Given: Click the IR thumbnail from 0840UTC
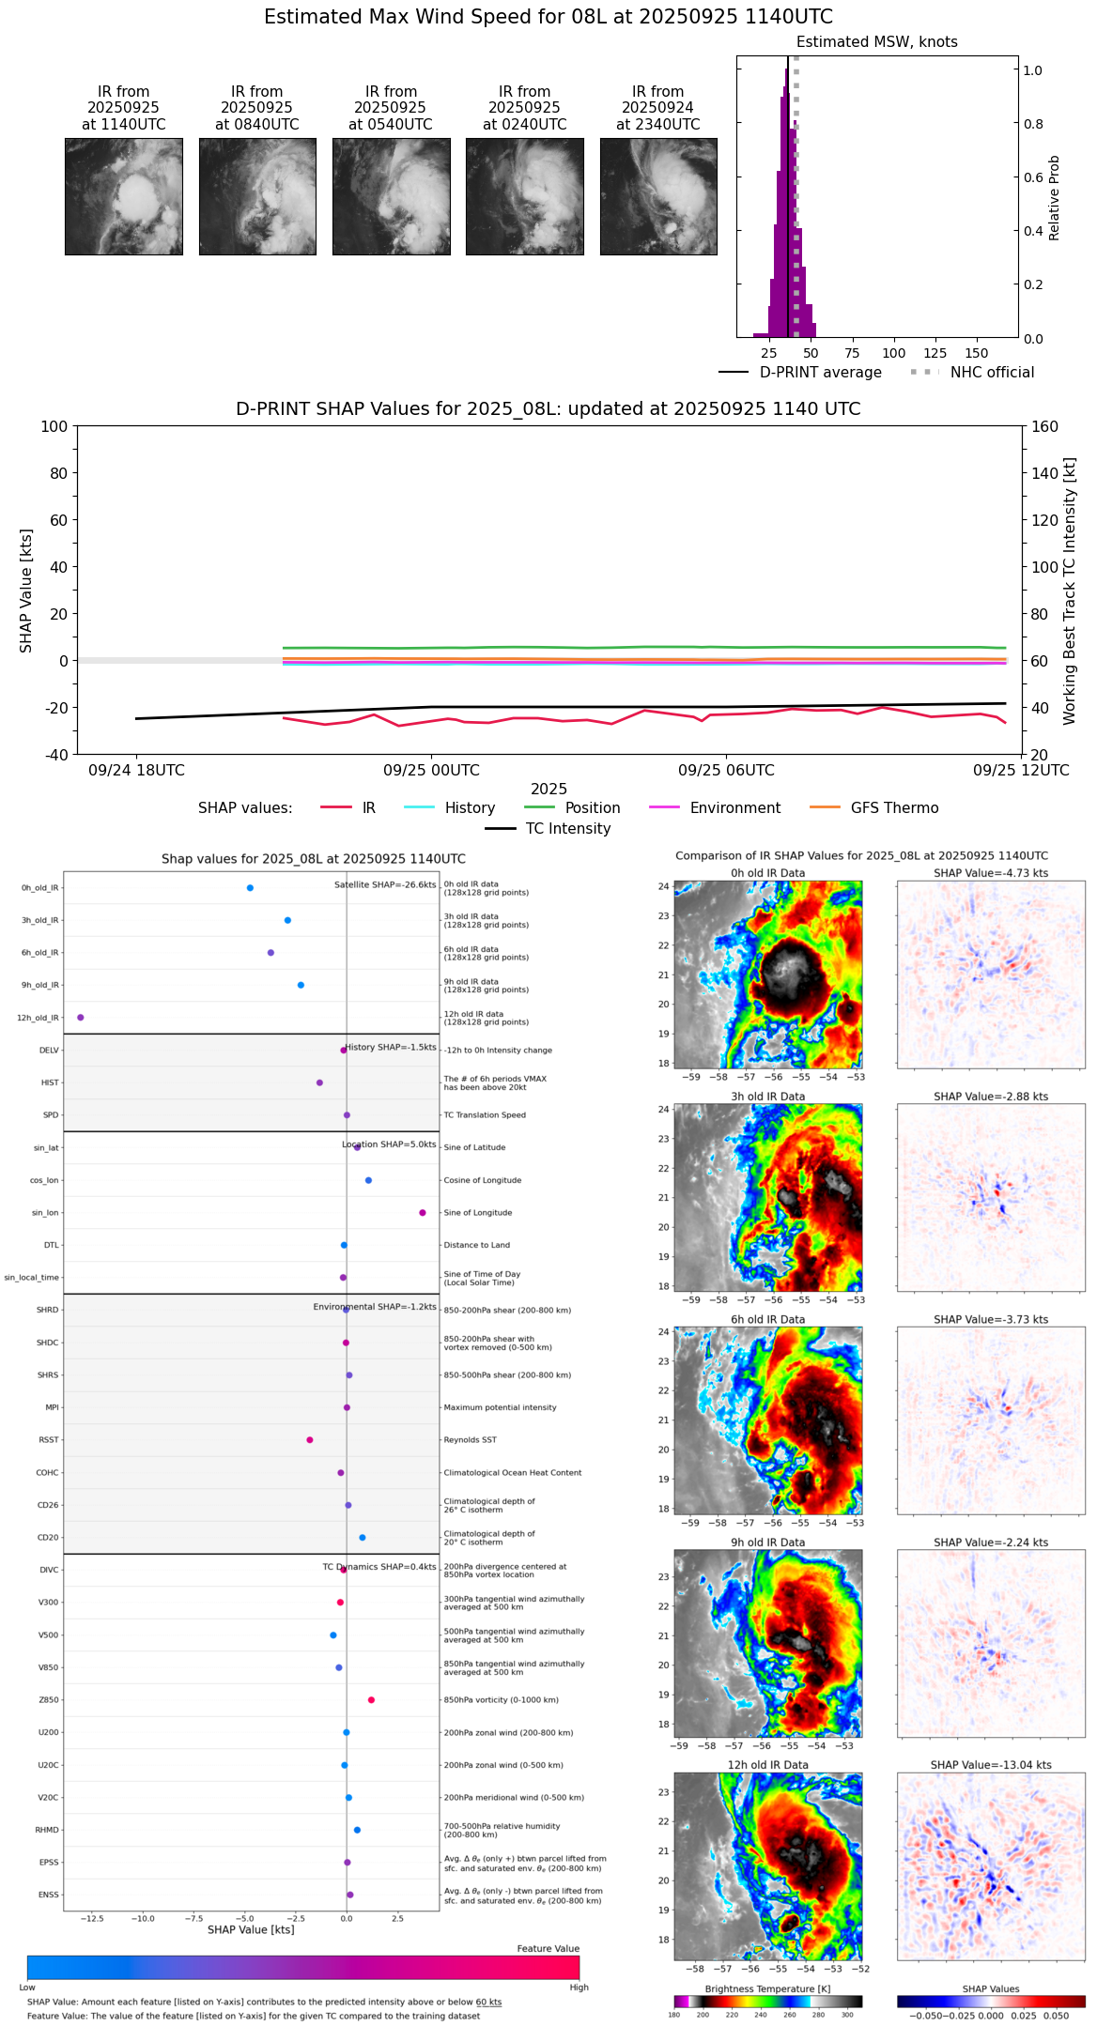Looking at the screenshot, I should pyautogui.click(x=257, y=196).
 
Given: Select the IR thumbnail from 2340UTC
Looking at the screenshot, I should pyautogui.click(x=658, y=196).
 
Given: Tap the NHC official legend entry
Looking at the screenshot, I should pyautogui.click(x=992, y=373).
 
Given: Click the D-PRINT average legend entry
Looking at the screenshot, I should pyautogui.click(x=820, y=373).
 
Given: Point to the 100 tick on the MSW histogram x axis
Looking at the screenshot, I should pyautogui.click(x=894, y=353).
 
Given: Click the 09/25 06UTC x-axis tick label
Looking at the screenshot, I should pyautogui.click(x=726, y=771).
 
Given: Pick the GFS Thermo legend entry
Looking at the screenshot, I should pyautogui.click(x=894, y=808).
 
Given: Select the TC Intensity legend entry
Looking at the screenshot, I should pyautogui.click(x=567, y=829).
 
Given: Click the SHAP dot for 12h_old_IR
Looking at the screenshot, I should pyautogui.click(x=81, y=1018).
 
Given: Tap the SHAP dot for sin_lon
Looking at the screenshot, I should pyautogui.click(x=423, y=1213).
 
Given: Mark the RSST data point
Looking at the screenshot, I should pyautogui.click(x=310, y=1440).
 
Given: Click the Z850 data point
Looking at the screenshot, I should pyautogui.click(x=372, y=1700).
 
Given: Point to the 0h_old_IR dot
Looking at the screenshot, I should pyautogui.click(x=250, y=888).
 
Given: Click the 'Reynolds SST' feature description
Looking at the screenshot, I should pyautogui.click(x=471, y=1440).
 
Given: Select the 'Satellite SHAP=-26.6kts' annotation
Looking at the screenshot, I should pyautogui.click(x=385, y=885).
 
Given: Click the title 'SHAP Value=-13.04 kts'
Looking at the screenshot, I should pyautogui.click(x=991, y=1765).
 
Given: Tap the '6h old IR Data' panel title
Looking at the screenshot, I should pyautogui.click(x=767, y=1319).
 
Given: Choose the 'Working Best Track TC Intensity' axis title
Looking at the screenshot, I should pyautogui.click(x=1070, y=591).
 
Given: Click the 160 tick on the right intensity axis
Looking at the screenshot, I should pyautogui.click(x=1045, y=427).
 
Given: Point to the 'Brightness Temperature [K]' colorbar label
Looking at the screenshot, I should pyautogui.click(x=767, y=1988).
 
